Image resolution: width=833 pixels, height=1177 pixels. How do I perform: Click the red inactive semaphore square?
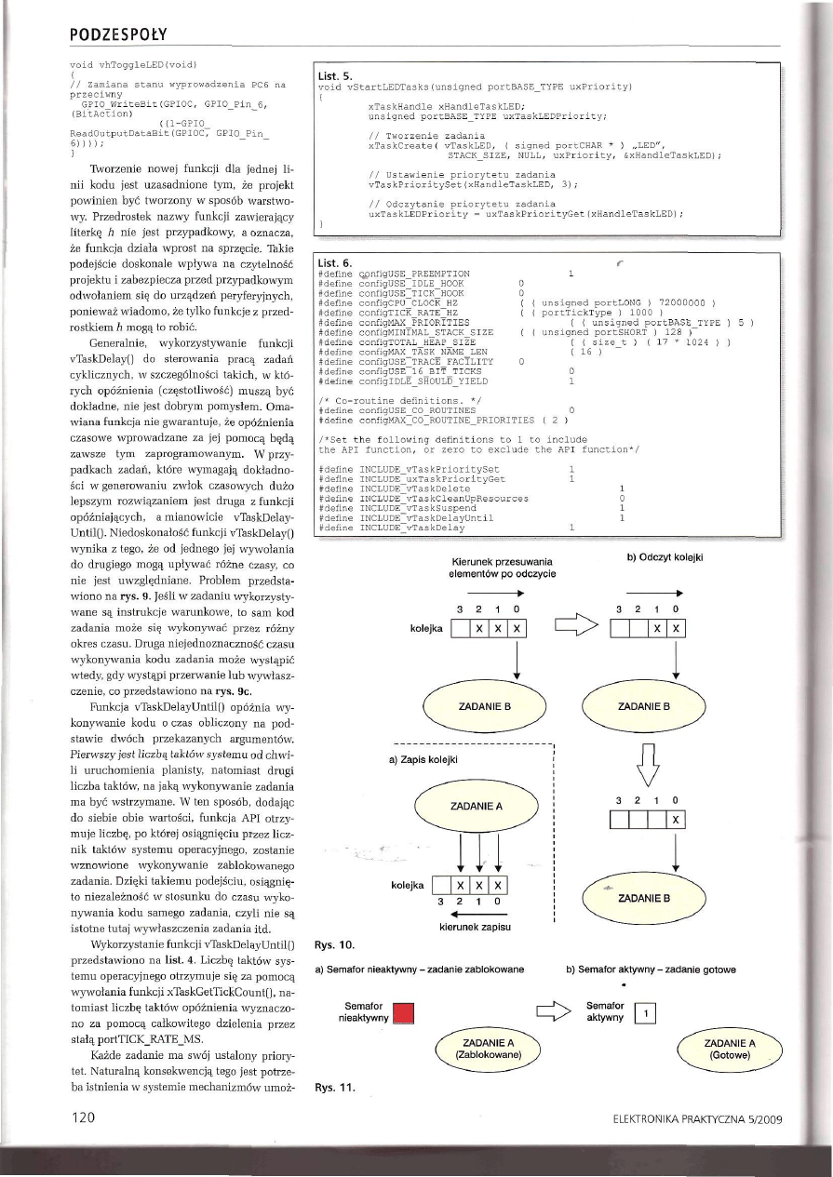click(403, 1013)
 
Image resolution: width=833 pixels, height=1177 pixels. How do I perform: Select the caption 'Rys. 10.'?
click(331, 945)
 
